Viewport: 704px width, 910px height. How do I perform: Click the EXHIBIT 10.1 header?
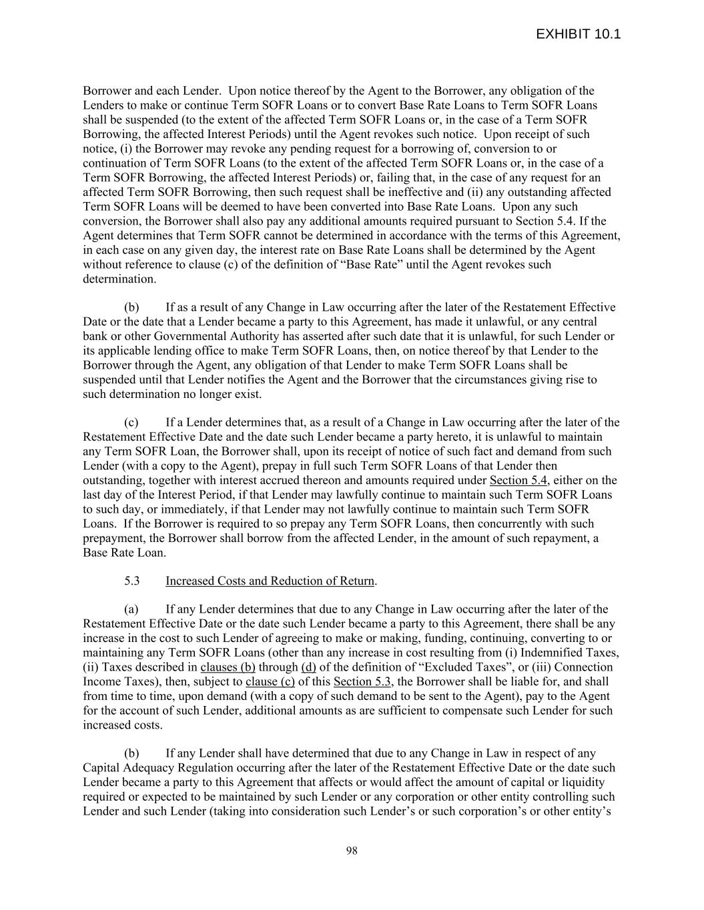pos(578,35)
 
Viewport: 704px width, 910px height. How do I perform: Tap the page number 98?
pos(352,851)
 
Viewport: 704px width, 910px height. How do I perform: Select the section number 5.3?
pos(131,581)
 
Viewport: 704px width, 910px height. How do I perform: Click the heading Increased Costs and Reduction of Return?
pos(270,581)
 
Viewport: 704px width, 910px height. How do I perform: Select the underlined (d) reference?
pos(308,667)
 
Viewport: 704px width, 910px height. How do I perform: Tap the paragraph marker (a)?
pos(131,609)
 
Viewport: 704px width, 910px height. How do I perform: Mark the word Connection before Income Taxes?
pos(583,667)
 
